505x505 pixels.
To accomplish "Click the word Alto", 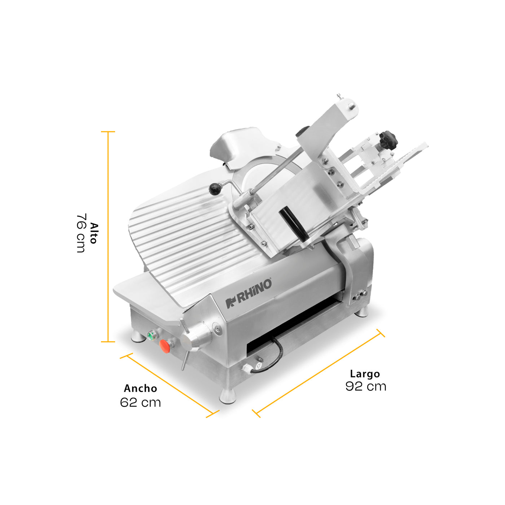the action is point(93,233).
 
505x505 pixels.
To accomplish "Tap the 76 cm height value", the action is point(81,233).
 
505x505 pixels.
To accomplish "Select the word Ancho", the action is point(140,388).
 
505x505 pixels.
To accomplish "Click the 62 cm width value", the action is point(140,403).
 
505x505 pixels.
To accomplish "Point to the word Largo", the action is point(365,374).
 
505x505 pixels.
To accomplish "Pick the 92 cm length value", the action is point(366,386).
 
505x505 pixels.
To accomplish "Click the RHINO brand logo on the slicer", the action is point(249,294).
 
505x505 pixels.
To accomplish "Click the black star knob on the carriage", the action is point(388,140).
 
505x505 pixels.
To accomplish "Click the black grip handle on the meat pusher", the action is point(293,223).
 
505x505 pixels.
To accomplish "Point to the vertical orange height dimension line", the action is point(108,237).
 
